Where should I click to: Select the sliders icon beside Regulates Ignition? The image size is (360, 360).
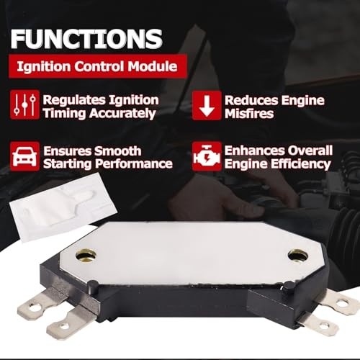point(26,106)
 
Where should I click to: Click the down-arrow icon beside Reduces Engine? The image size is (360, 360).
point(207,106)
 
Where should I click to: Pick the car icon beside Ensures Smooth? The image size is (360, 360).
point(26,155)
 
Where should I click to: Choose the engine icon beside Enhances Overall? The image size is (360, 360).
point(207,156)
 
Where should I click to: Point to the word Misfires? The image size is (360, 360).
point(249,114)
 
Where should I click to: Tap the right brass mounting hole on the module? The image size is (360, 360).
point(297,255)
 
